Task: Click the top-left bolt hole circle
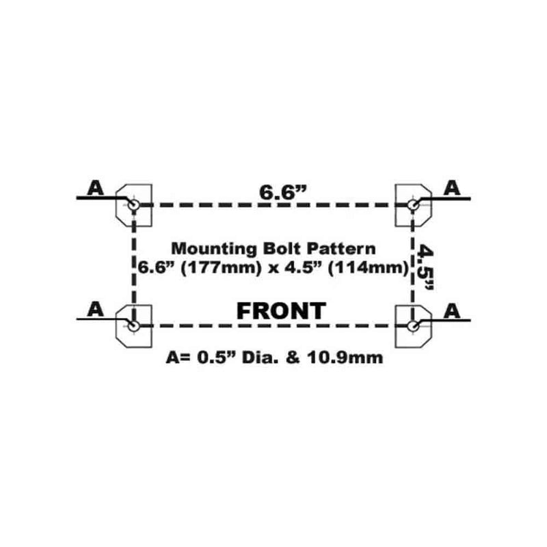point(133,204)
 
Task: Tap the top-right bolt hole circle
point(414,204)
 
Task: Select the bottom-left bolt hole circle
point(133,326)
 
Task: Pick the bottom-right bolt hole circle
point(414,326)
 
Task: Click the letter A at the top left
point(96,188)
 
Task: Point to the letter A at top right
point(452,188)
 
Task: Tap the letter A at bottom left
point(96,309)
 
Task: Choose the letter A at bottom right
point(452,311)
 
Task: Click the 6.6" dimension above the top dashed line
point(283,192)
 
